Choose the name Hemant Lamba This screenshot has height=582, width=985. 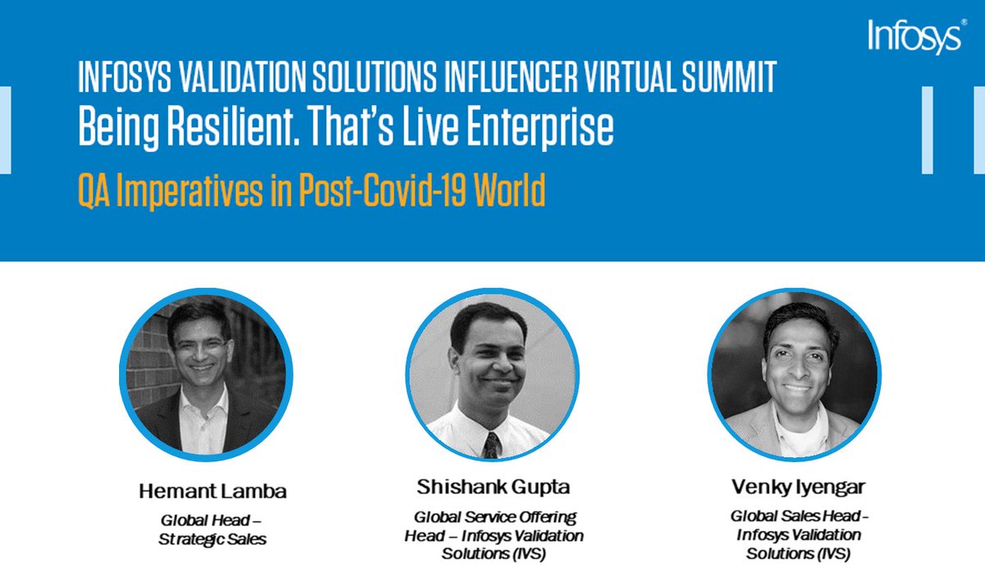coord(212,493)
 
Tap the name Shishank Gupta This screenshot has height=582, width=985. coord(492,488)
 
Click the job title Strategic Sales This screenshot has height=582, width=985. coord(212,539)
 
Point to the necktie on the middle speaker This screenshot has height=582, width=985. coord(491,444)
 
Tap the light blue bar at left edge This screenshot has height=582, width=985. coord(5,129)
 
